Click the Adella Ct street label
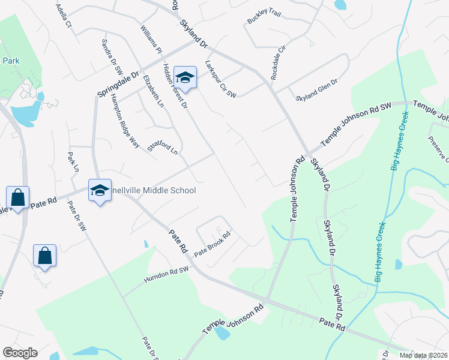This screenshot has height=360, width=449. [x=63, y=16]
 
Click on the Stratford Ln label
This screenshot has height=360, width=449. [x=163, y=148]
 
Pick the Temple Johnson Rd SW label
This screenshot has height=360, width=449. [x=357, y=124]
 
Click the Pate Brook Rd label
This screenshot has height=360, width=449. [x=212, y=242]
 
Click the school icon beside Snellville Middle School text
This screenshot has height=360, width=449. [x=100, y=191]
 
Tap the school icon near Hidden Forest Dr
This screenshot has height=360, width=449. [x=185, y=77]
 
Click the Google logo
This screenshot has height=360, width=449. [x=20, y=353]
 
